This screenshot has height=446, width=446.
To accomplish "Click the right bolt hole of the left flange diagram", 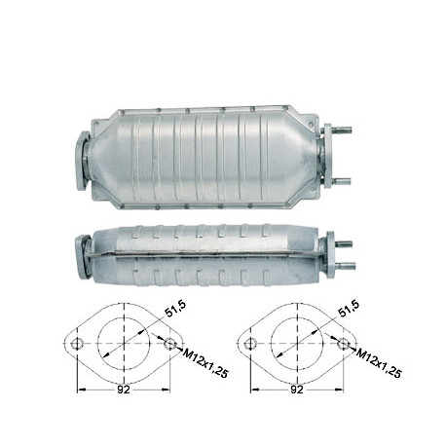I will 170,344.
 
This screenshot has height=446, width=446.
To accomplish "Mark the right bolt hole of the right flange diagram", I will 344,344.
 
